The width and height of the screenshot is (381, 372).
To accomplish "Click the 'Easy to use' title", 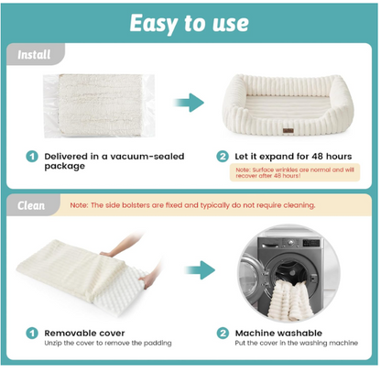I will coord(190,22).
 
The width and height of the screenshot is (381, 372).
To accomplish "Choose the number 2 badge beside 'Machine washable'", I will coord(223,334).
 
